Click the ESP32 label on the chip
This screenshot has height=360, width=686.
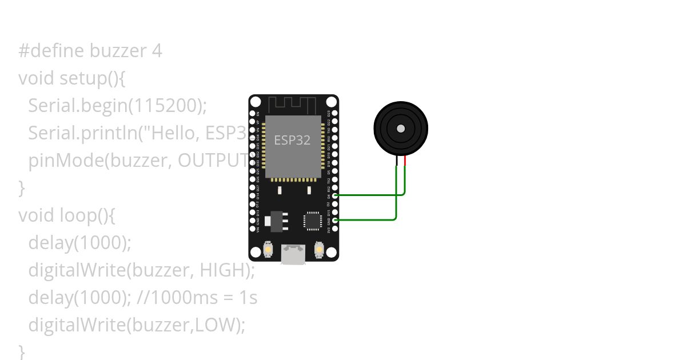292,140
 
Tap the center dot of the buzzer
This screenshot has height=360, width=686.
401,129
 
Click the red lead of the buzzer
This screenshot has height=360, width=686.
405,161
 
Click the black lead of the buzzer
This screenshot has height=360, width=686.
397,161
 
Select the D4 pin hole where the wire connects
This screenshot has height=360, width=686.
335,195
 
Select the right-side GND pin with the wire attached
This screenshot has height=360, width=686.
335,220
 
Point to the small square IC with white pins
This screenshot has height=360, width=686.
313,221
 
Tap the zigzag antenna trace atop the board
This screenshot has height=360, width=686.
293,105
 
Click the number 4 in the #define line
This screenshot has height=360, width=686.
157,51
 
